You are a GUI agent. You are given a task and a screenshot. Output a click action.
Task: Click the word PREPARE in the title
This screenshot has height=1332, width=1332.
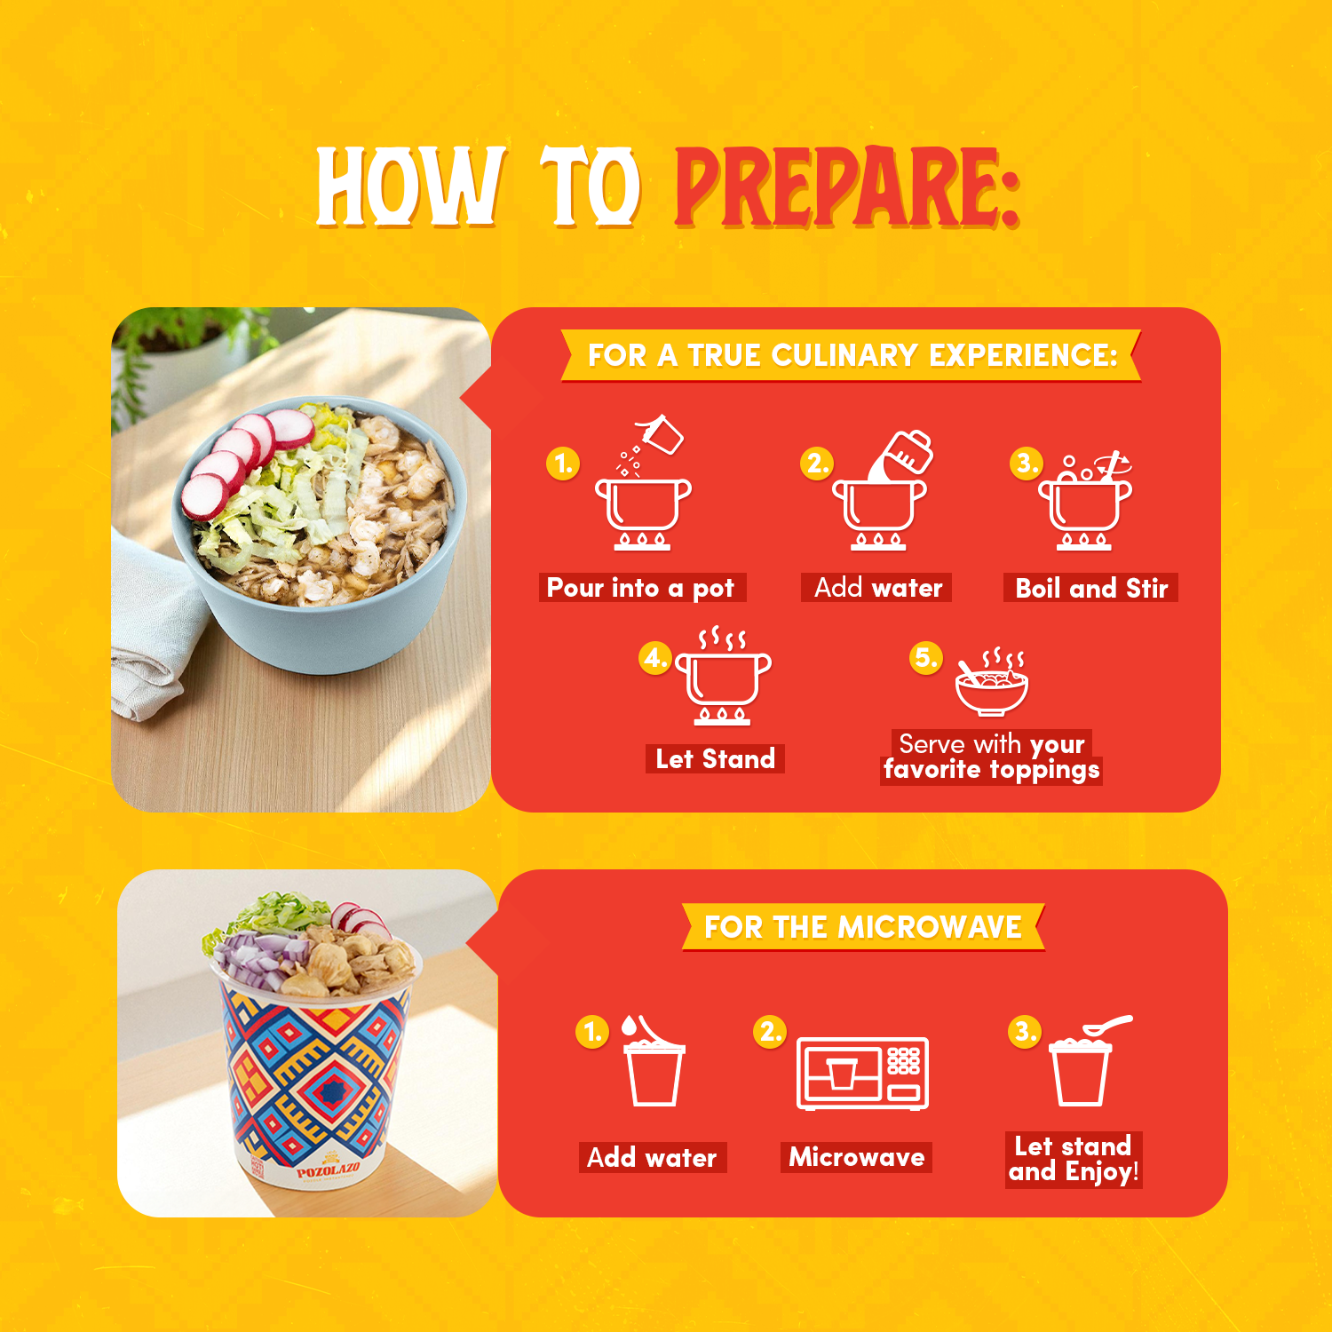coord(847,188)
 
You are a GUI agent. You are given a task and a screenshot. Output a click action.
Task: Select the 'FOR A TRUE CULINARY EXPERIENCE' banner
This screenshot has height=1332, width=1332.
coord(852,355)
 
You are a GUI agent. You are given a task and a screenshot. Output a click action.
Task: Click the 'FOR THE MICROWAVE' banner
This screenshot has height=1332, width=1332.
coord(863,927)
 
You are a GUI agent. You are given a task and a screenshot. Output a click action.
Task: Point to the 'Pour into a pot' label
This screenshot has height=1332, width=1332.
coord(641,588)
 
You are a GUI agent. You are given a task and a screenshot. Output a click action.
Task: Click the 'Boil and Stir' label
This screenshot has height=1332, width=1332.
coord(1091,588)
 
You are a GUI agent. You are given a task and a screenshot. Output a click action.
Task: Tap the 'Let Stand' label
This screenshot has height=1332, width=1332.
coord(715,759)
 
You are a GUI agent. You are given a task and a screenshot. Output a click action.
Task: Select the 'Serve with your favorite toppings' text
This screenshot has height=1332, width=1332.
coord(992,757)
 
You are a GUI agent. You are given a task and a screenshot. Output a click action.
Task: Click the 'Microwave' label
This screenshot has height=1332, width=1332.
coord(857,1157)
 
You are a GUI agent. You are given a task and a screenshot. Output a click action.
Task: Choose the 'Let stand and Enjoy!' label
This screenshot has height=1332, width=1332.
coord(1074,1159)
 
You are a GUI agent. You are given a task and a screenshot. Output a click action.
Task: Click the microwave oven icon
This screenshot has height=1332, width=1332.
coord(862,1073)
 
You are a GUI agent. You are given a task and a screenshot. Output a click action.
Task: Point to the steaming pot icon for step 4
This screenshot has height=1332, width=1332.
coord(723,676)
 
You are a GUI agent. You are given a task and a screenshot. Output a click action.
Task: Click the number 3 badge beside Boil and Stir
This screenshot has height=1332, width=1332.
coord(1027,463)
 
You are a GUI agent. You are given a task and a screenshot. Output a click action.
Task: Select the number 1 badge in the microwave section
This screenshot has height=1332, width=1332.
coord(592,1032)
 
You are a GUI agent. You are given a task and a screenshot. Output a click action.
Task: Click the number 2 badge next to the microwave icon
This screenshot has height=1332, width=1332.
coord(770,1032)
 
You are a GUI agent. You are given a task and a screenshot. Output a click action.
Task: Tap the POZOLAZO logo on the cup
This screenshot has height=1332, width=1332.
coord(329,1171)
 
